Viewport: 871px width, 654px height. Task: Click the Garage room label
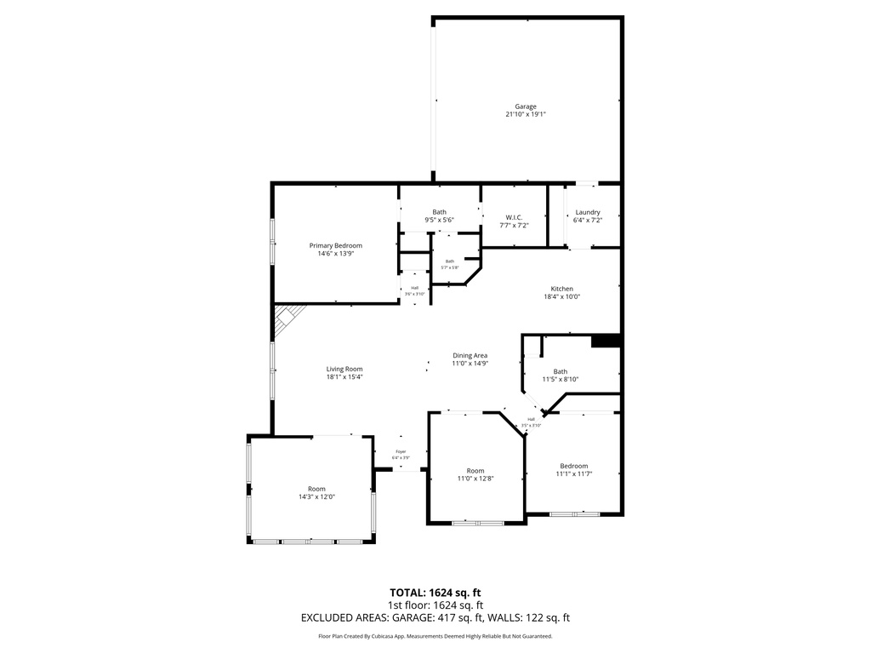click(x=525, y=106)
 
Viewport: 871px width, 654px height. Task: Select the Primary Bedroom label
click(x=335, y=245)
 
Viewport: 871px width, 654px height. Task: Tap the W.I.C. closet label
click(x=514, y=217)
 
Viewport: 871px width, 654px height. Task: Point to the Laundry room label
click(x=588, y=212)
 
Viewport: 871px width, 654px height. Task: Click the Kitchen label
click(x=561, y=289)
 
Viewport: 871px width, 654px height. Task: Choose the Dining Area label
click(x=470, y=355)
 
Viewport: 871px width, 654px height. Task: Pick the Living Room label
click(x=344, y=369)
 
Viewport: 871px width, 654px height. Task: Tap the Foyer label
click(x=401, y=451)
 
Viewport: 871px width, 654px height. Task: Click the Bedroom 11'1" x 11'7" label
click(x=573, y=466)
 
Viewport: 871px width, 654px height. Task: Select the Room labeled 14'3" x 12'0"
click(x=316, y=489)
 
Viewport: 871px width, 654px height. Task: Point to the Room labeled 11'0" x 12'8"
click(x=475, y=471)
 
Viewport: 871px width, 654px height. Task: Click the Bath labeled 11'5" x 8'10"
click(x=561, y=371)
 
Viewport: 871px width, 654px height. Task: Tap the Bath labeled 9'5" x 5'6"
click(x=439, y=212)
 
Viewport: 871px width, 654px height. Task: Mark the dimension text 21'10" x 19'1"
click(x=525, y=114)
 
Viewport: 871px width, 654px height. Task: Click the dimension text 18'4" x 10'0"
click(x=561, y=296)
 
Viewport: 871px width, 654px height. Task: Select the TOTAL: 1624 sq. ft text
click(x=435, y=592)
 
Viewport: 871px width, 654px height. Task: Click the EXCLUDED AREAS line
click(x=435, y=617)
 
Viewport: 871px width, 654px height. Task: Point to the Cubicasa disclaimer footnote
click(x=435, y=636)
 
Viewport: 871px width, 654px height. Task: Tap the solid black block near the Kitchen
click(x=606, y=341)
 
